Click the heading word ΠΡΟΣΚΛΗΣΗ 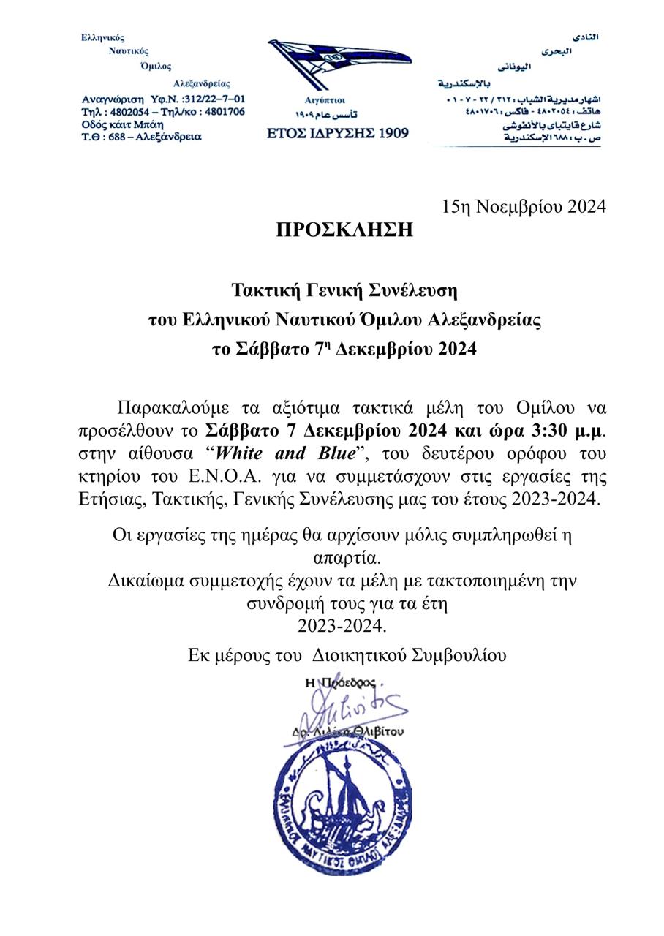344,230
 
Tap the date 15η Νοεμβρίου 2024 524,207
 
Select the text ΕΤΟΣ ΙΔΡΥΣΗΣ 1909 338,133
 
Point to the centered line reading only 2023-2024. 342,626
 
